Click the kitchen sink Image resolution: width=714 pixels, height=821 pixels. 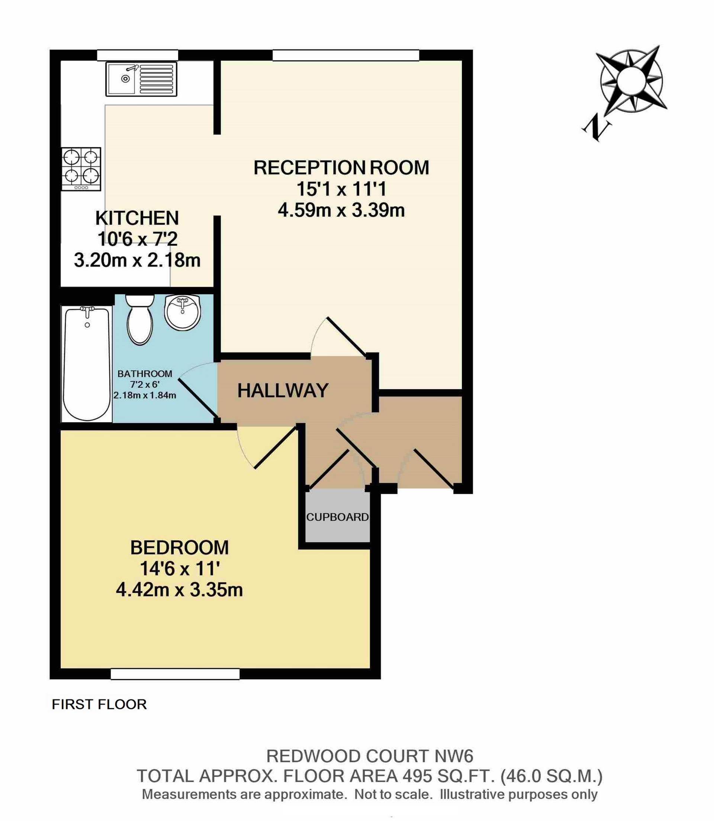(141, 79)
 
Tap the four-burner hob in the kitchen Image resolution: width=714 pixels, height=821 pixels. (81, 169)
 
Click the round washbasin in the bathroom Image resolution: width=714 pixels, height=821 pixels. (183, 313)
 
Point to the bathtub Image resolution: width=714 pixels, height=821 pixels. (87, 363)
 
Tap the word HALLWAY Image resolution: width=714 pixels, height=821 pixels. (283, 391)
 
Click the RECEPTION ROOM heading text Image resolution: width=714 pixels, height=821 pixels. (341, 168)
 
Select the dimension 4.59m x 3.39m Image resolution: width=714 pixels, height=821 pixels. (341, 210)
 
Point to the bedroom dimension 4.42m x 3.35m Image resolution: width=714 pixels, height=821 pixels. (179, 590)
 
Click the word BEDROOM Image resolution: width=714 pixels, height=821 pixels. (179, 548)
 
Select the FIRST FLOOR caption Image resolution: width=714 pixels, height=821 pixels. (99, 704)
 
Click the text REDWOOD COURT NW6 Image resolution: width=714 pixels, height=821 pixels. (369, 756)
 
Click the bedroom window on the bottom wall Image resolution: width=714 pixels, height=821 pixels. (175, 674)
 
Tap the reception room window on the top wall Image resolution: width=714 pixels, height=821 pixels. (345, 55)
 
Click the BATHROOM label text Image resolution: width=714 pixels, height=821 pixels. (145, 374)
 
